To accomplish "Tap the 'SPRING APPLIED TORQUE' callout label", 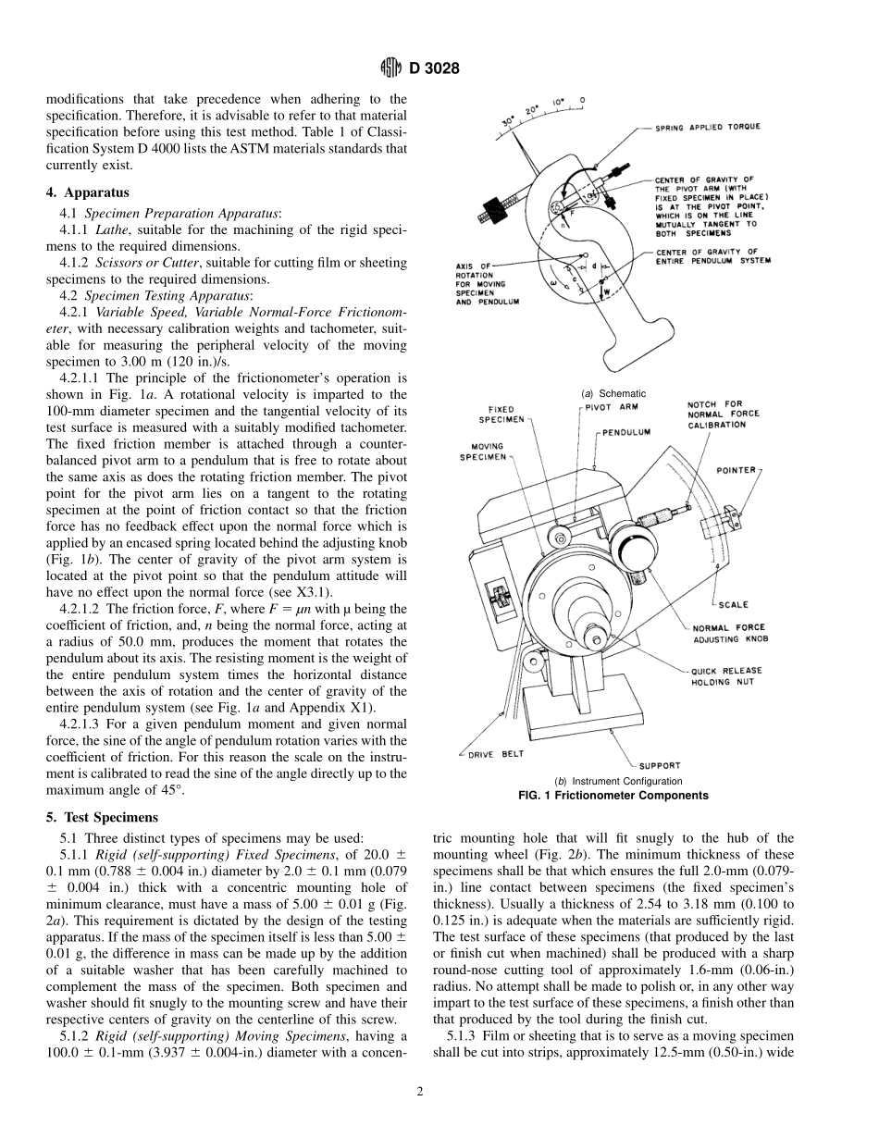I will coord(709,128).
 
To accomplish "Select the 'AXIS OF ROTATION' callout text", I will coord(479,283).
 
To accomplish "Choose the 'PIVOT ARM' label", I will coord(612,406).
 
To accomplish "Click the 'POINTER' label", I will coord(736,470).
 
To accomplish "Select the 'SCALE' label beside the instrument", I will coord(733,605).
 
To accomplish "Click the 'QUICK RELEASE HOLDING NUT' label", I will coord(727,676).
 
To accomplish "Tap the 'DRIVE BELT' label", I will coord(495,754).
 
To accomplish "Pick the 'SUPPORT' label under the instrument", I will coord(660,765).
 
